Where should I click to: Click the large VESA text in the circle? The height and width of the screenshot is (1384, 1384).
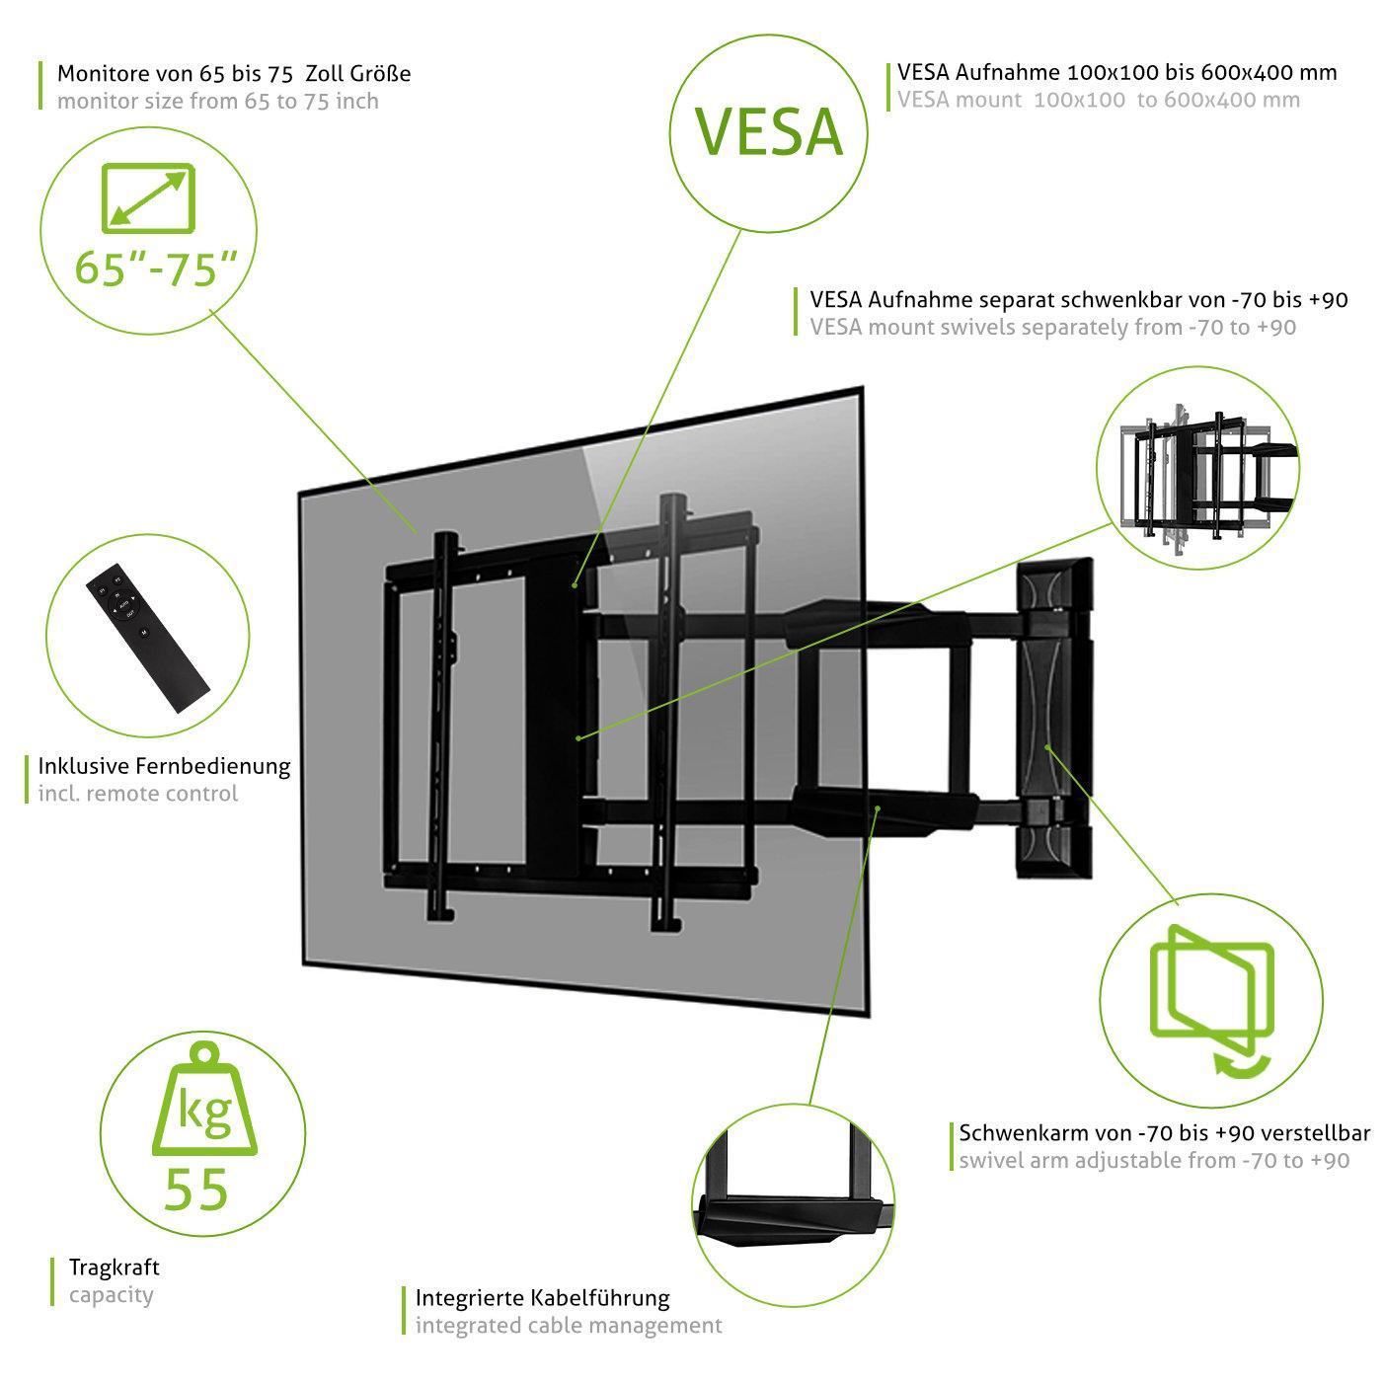tap(769, 131)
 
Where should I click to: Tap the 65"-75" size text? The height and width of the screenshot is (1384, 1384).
tap(157, 268)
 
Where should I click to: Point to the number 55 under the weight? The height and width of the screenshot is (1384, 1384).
tap(196, 1189)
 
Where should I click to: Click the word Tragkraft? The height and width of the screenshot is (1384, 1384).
tap(114, 1267)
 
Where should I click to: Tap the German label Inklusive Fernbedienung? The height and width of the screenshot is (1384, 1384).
tap(164, 765)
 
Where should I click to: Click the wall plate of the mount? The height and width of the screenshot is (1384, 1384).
tap(1054, 719)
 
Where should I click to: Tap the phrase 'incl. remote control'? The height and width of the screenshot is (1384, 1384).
tap(138, 793)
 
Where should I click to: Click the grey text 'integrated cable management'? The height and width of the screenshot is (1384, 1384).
tap(569, 1325)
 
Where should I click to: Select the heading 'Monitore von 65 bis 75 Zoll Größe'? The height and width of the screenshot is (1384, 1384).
tap(234, 73)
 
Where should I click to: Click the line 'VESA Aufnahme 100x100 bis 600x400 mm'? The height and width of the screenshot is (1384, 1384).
tap(1117, 72)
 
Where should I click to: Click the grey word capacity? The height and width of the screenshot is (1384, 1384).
tap(111, 1294)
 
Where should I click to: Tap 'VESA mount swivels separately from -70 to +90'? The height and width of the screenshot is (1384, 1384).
tap(1052, 327)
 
